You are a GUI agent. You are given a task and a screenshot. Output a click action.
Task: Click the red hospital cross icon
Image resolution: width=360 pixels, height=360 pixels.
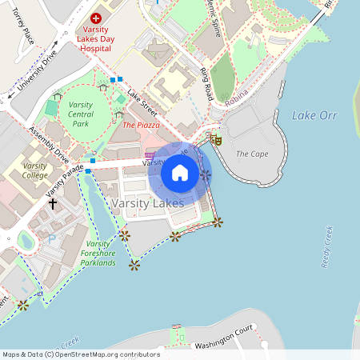[x=96, y=17]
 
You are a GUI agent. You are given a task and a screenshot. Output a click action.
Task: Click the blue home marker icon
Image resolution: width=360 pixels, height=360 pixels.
[x=180, y=173]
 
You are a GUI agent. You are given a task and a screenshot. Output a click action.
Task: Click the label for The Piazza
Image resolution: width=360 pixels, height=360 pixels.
[x=141, y=125]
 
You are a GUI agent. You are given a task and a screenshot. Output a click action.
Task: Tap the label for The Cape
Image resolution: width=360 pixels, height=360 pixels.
[x=252, y=154]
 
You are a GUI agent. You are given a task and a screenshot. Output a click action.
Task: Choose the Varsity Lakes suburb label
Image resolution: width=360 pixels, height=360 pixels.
[x=148, y=203]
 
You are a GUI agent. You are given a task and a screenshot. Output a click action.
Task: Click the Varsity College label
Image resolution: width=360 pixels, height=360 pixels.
[x=34, y=170]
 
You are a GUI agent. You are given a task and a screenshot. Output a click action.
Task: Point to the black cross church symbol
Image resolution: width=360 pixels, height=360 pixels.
[x=53, y=204]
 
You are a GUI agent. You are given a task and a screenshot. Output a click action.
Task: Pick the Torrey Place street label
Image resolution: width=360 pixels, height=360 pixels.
[x=19, y=30]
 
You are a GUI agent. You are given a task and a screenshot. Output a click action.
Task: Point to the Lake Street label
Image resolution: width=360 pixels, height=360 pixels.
[x=141, y=101]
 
